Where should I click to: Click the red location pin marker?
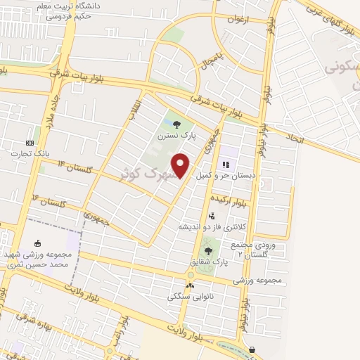tap(181, 165)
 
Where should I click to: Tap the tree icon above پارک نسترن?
tap(176, 124)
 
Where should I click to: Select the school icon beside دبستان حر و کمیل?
tap(226, 166)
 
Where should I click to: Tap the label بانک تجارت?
tap(29, 153)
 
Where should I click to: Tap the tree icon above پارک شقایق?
tap(207, 250)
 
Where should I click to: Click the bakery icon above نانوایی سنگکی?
tap(191, 285)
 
